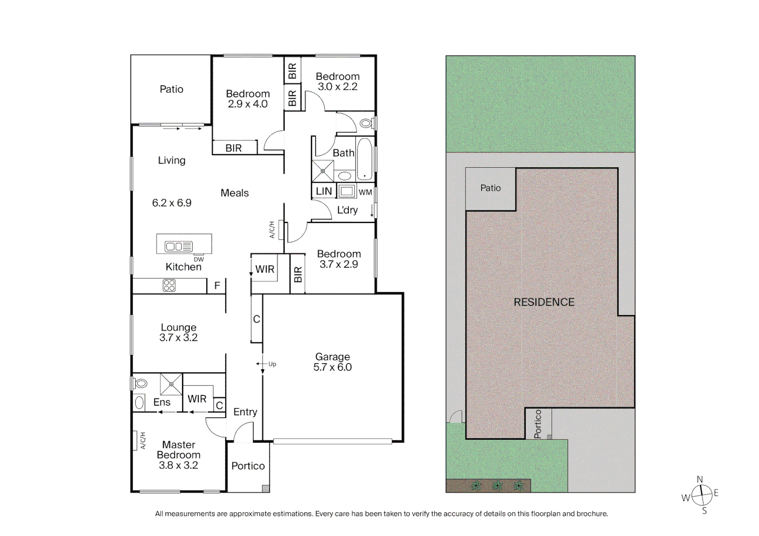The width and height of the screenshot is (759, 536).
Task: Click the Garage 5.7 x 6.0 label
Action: [332, 362]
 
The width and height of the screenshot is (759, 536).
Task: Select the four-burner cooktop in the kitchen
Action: [169, 285]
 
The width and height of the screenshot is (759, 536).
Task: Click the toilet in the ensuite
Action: [141, 384]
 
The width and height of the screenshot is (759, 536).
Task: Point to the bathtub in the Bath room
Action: [365, 158]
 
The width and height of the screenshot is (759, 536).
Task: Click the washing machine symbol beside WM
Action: [347, 192]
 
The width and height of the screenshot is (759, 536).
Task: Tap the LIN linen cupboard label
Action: [324, 191]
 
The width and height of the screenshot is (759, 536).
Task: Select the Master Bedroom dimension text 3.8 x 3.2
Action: [178, 466]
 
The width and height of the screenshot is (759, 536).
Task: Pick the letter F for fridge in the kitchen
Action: [217, 286]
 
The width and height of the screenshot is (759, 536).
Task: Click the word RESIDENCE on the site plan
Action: [544, 302]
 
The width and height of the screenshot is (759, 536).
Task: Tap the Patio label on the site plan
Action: [490, 188]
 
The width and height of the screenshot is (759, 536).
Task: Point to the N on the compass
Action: [699, 479]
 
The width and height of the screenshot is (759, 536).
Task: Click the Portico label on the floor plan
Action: [248, 466]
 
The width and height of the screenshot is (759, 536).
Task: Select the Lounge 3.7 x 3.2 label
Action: [178, 333]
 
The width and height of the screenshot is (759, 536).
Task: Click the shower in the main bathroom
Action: [323, 171]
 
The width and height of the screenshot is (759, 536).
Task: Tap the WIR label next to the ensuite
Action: [197, 399]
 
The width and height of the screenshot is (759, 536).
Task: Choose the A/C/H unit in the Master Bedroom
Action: [135, 440]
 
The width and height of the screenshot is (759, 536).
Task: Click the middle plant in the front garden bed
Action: [497, 485]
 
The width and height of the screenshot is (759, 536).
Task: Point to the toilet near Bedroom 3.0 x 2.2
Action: [367, 123]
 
